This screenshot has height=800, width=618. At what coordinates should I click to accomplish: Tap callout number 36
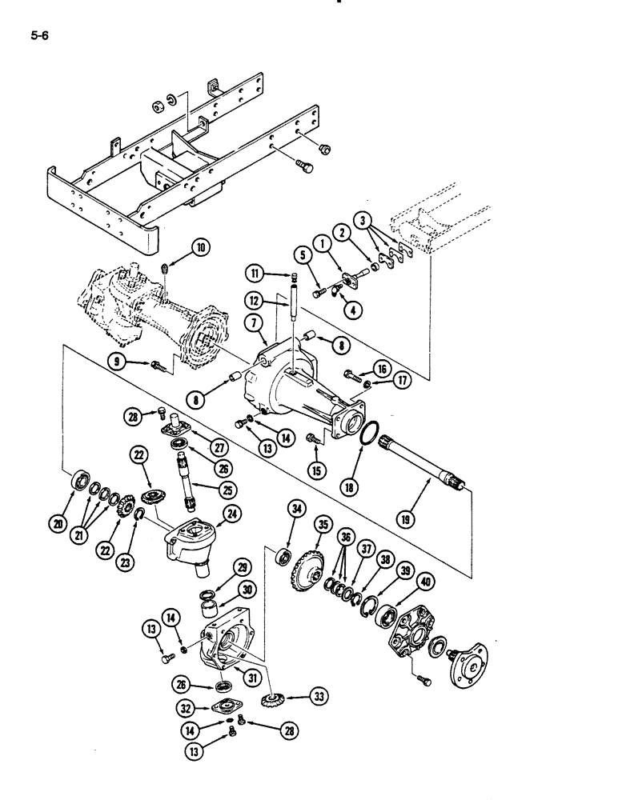347,537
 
